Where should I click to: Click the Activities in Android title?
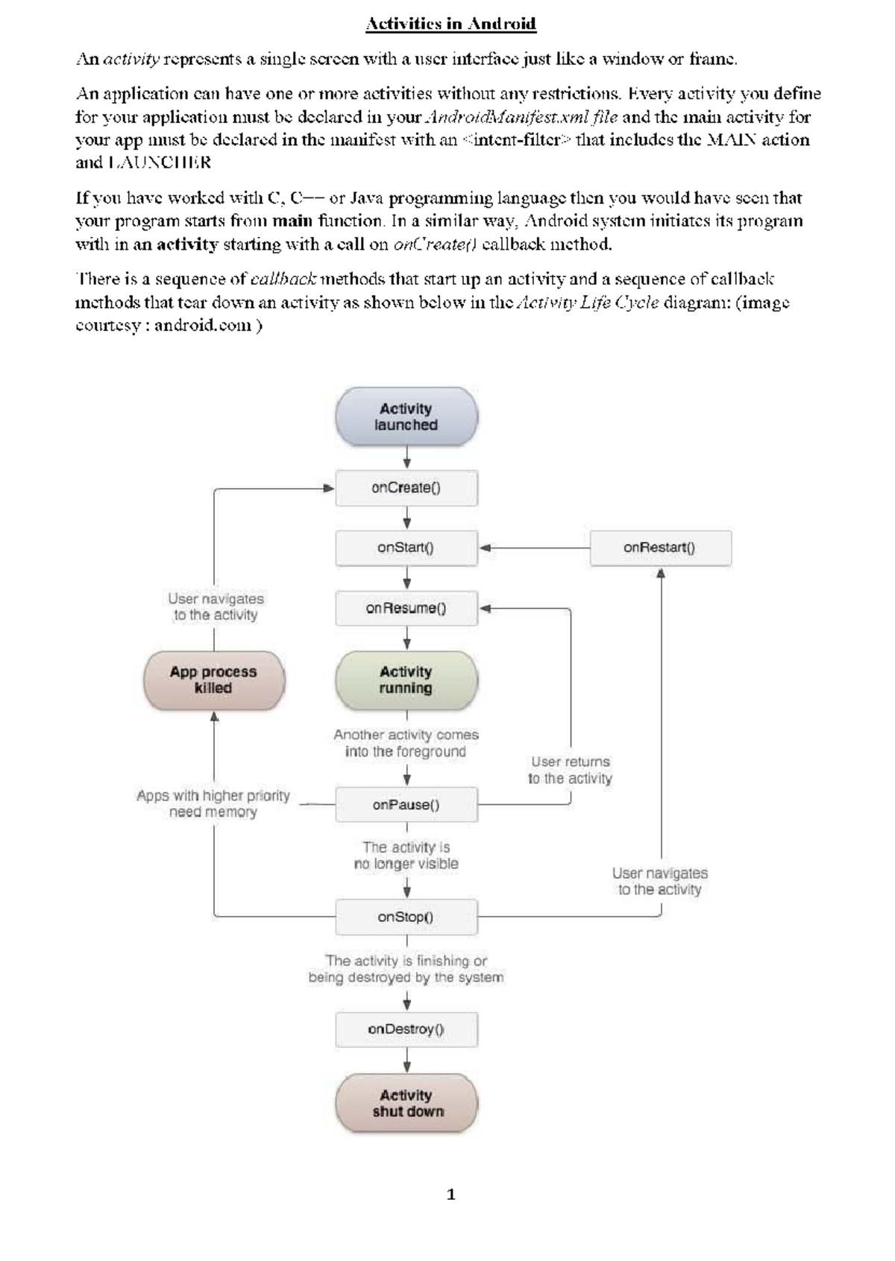(450, 24)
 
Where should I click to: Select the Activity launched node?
(406, 417)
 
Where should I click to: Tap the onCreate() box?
(406, 488)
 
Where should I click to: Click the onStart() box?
(406, 548)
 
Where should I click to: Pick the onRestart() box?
(660, 548)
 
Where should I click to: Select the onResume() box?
(406, 608)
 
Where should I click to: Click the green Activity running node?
(406, 680)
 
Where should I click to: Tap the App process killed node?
(214, 680)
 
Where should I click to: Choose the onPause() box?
(406, 805)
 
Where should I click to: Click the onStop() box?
(406, 917)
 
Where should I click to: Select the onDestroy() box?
(406, 1029)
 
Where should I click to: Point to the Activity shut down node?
(406, 1103)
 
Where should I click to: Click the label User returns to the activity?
(571, 770)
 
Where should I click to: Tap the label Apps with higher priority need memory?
(213, 803)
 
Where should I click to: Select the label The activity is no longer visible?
(406, 856)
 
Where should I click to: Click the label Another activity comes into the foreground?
(406, 743)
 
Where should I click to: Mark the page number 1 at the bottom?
(450, 1195)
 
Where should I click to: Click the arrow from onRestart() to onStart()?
(533, 548)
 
